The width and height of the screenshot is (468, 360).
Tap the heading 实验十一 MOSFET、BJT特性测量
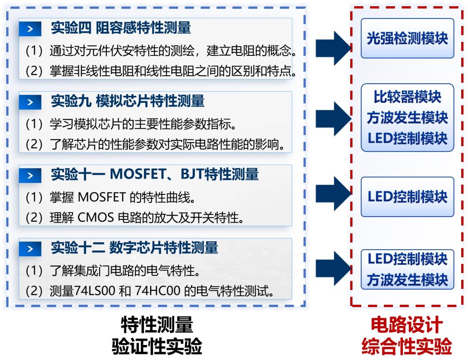click(155, 175)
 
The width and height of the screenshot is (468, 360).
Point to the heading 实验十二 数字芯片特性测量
click(134, 248)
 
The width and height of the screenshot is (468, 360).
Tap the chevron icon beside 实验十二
click(30, 249)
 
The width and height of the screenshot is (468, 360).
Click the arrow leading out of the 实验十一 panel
click(333, 191)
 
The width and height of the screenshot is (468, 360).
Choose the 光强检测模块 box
click(407, 39)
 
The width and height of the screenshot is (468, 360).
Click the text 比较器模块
click(407, 97)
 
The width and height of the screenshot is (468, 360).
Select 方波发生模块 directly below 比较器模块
click(407, 117)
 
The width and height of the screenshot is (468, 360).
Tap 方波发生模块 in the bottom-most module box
click(407, 280)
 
